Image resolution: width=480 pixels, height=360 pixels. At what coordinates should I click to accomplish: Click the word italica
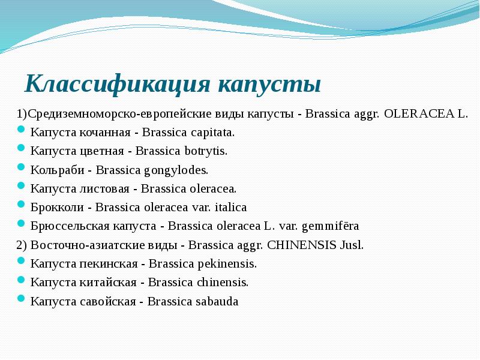click(231, 207)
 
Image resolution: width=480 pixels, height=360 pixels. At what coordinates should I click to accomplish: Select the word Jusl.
click(350, 245)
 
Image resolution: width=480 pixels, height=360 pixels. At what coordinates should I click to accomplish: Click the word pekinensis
click(227, 263)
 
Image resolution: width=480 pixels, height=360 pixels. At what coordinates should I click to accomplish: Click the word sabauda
click(217, 301)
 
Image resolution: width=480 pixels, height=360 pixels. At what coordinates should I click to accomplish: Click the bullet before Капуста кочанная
click(22, 131)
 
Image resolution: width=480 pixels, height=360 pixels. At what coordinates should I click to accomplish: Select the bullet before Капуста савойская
click(22, 299)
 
